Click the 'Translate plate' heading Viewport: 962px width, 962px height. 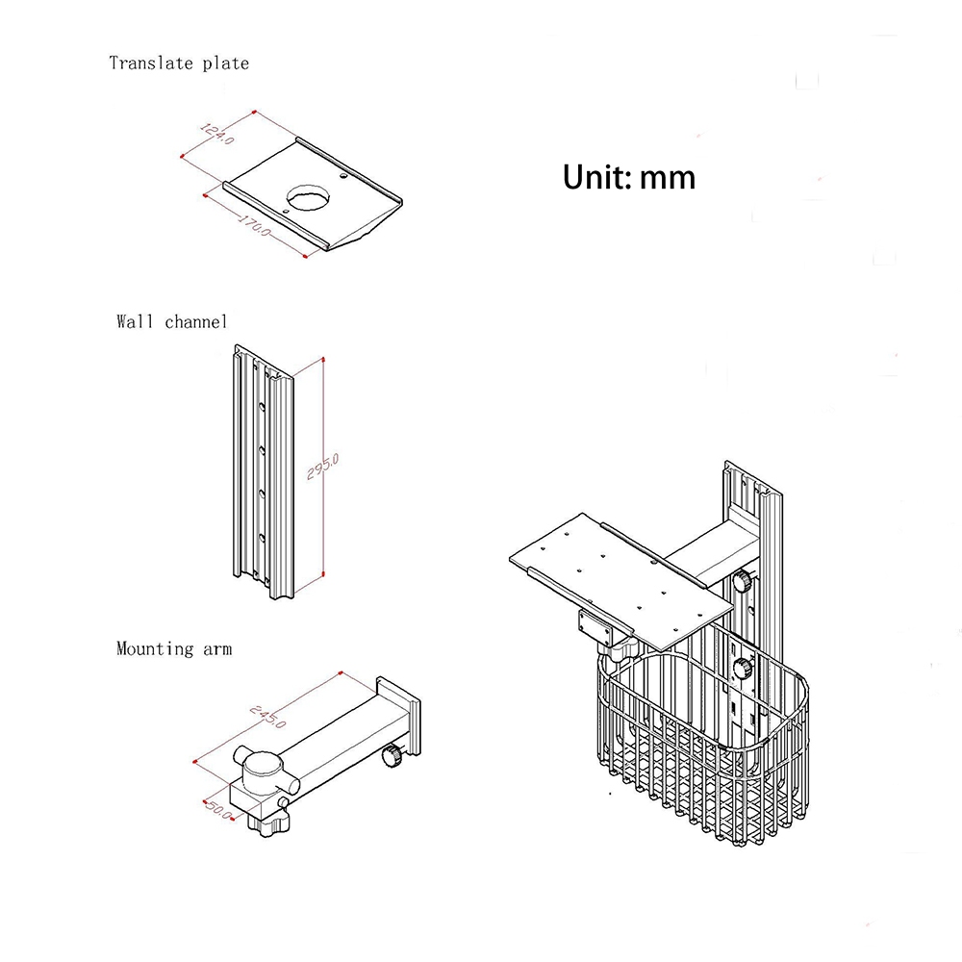tap(179, 63)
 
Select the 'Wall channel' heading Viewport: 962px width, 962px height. tap(172, 321)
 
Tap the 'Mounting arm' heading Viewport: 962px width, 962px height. tap(174, 648)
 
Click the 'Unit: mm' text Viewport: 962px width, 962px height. tap(629, 177)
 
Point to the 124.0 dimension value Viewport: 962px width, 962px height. tap(216, 133)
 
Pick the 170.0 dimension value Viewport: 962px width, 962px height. tap(255, 227)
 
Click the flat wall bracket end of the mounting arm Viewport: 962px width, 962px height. tap(399, 712)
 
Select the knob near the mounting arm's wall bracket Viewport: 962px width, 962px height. tap(392, 757)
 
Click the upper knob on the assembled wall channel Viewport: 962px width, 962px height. tap(743, 582)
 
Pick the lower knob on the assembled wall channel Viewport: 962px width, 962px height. tap(743, 669)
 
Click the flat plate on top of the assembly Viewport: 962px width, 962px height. tap(616, 582)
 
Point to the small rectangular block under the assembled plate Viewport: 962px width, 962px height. tap(598, 627)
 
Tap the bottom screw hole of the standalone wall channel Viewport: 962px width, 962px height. tap(261, 536)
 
